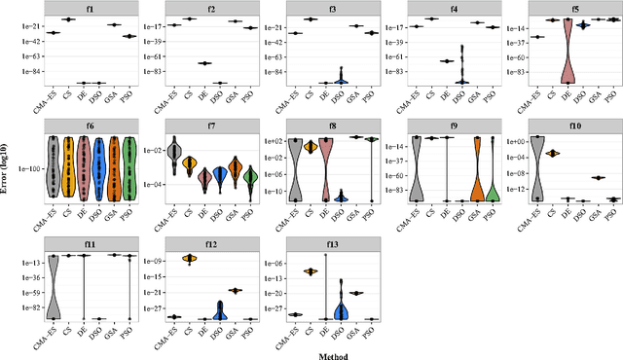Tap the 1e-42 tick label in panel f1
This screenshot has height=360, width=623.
[x=29, y=42]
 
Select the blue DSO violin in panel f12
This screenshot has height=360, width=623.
[x=219, y=310]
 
